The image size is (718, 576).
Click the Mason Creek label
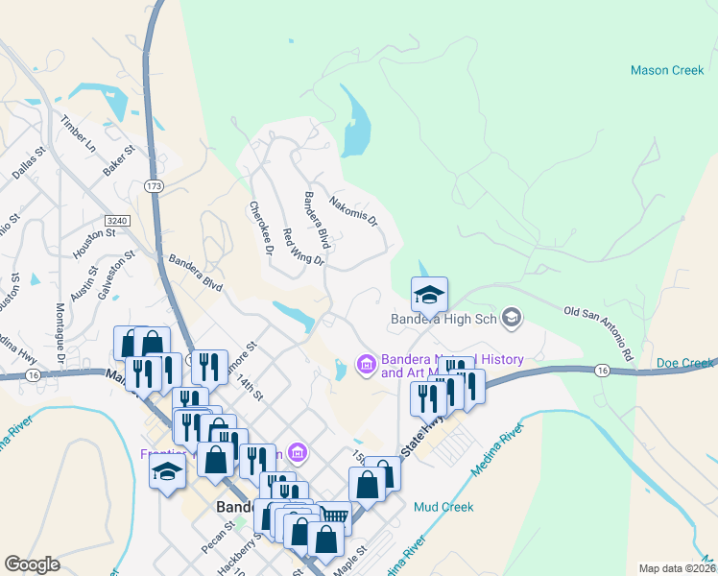(667, 70)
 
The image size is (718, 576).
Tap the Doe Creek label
(685, 363)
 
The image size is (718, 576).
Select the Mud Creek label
(443, 506)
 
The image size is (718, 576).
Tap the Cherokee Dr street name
(261, 228)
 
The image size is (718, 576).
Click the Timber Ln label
(79, 134)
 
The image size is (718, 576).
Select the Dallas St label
(29, 163)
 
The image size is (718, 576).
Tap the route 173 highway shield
(154, 183)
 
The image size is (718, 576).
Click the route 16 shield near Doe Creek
(602, 370)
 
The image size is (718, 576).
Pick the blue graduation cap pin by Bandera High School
(429, 293)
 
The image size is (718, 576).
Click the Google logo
(33, 564)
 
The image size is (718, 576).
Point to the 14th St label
(250, 388)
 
